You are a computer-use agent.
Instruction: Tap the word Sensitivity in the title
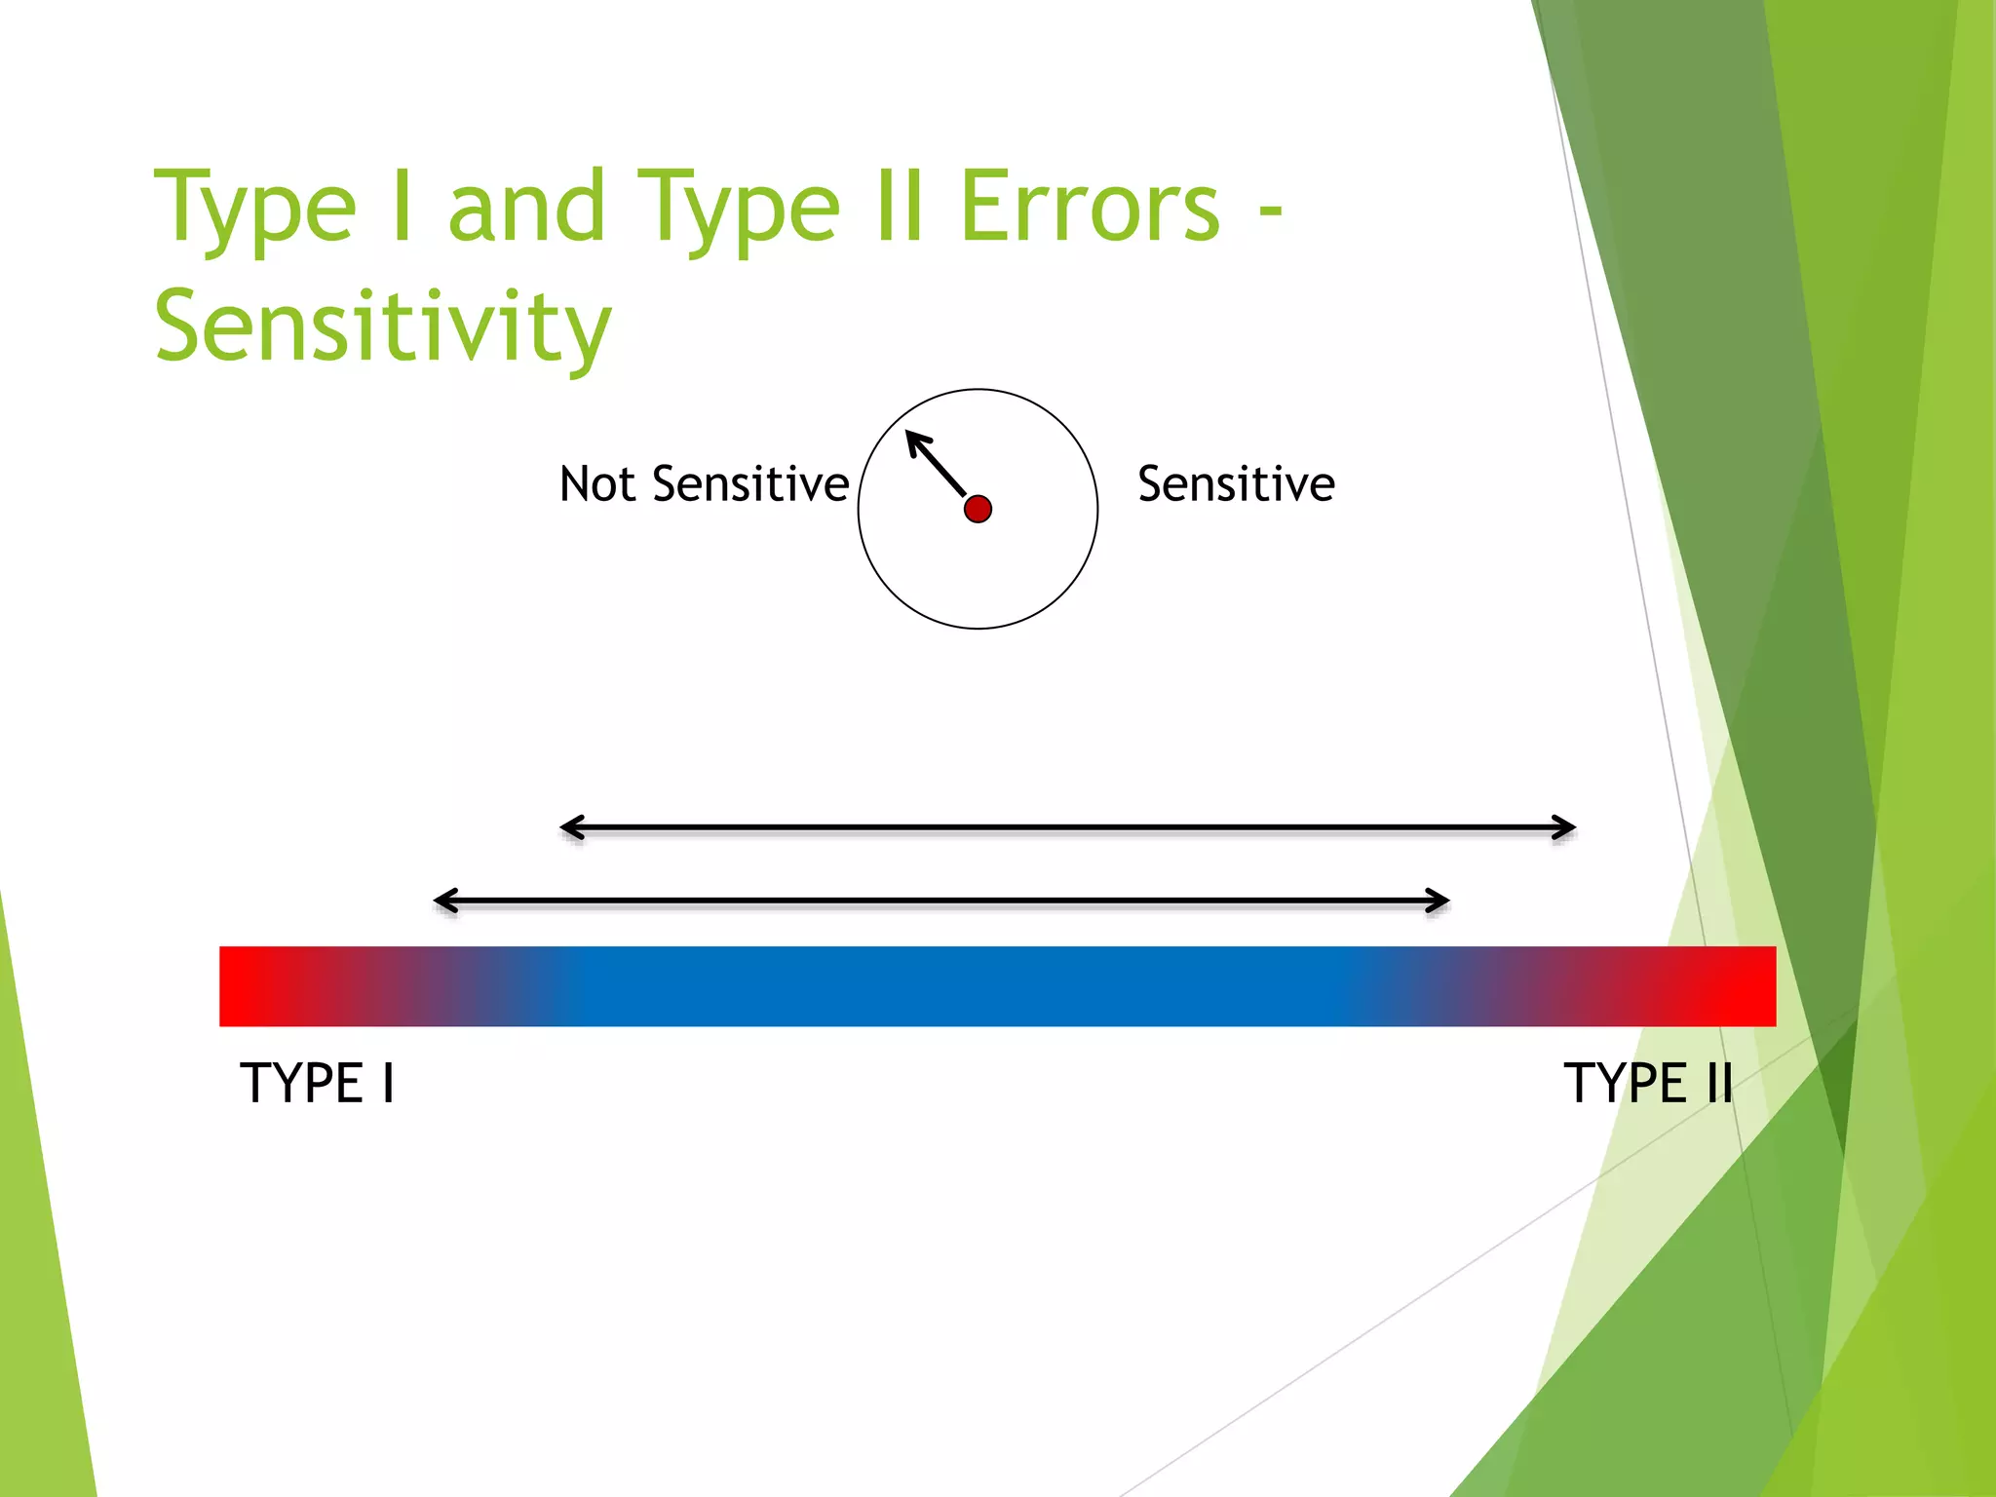[383, 326]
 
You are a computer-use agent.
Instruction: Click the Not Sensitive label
[704, 484]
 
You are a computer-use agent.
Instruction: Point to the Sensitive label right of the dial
[1236, 484]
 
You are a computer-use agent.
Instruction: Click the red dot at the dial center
[978, 509]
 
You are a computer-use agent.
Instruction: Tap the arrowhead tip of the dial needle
[910, 434]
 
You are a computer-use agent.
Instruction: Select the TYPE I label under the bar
[318, 1083]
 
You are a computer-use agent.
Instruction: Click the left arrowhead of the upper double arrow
[568, 828]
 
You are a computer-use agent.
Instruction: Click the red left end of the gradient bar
[244, 985]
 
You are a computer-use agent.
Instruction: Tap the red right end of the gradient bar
[1749, 985]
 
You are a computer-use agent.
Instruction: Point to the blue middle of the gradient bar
[975, 985]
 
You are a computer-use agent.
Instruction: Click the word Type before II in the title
[738, 209]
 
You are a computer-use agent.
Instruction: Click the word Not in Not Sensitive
[596, 484]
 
